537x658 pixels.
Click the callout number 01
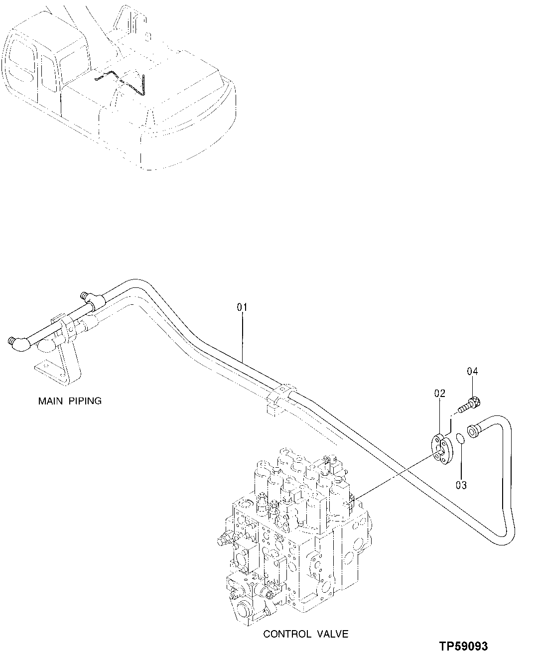(x=242, y=307)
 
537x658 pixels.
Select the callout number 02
(x=439, y=394)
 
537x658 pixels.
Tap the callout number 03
(x=461, y=485)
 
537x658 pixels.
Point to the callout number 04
(x=472, y=371)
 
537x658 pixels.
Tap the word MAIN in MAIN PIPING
(x=51, y=400)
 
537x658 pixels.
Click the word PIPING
(x=84, y=400)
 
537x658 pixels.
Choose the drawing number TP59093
(x=463, y=647)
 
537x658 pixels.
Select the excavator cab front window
(x=20, y=60)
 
